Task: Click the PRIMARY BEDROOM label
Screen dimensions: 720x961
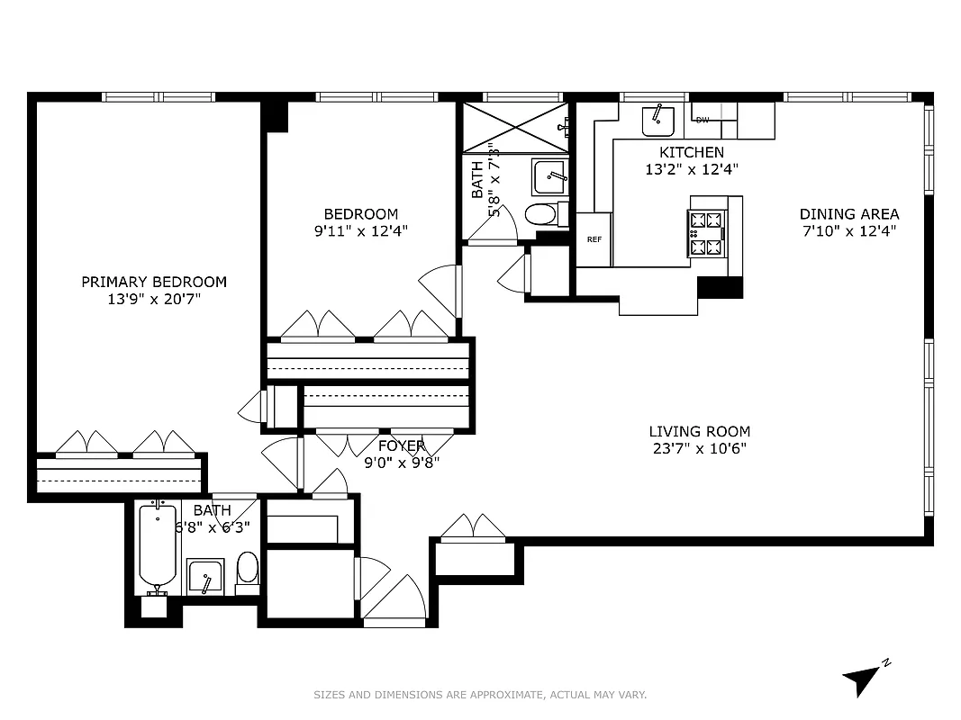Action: (154, 282)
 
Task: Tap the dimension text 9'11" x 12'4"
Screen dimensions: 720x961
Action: (360, 230)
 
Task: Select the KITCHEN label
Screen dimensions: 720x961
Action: (691, 152)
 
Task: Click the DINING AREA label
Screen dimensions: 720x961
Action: (848, 214)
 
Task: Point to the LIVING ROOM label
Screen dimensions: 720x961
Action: (699, 432)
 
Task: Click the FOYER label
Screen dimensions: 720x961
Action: (401, 446)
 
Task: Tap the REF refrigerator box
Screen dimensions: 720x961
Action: (594, 239)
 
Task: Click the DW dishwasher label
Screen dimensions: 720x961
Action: (703, 120)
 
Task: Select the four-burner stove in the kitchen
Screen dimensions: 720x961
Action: (706, 232)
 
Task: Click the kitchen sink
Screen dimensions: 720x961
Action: (658, 118)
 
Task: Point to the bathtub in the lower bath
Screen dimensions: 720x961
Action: (158, 546)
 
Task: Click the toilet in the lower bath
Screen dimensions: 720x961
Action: (247, 571)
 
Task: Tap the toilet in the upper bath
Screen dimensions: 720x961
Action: (540, 214)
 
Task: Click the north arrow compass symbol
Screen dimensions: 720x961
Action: (862, 677)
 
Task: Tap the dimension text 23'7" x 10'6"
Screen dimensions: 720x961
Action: (699, 448)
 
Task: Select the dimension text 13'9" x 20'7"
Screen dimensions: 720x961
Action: (154, 298)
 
